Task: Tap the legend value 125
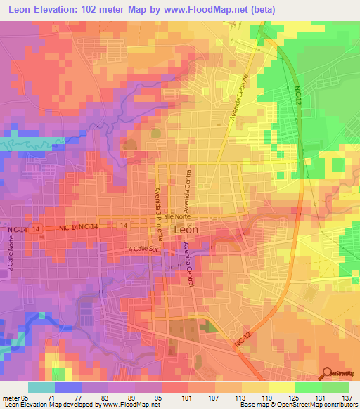[x=288, y=397]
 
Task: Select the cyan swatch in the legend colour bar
[x=41, y=387]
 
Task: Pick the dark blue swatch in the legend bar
[x=67, y=387]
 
